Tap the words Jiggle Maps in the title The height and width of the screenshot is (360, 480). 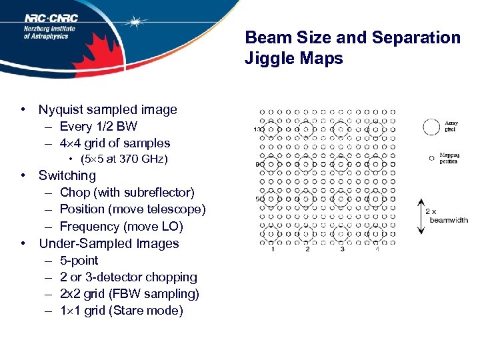tap(293, 59)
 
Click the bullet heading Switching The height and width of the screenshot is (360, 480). tap(67, 175)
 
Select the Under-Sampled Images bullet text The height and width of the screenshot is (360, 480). tap(109, 243)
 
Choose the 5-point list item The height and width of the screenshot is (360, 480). tap(79, 260)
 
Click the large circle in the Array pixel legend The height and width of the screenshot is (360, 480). tap(432, 125)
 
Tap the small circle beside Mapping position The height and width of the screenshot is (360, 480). tap(431, 158)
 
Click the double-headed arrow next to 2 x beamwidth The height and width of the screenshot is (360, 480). tap(419, 216)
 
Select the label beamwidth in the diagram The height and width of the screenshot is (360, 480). tap(449, 220)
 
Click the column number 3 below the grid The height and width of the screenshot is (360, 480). tap(341, 249)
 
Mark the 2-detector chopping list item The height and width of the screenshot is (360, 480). tap(129, 277)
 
